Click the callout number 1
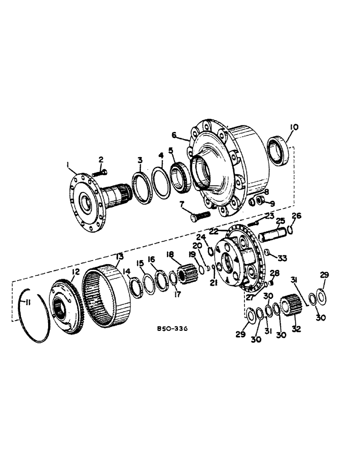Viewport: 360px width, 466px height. tap(68, 164)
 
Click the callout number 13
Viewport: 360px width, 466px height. tap(120, 256)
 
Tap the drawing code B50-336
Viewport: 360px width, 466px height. tap(172, 329)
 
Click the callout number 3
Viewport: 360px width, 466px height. tap(140, 160)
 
